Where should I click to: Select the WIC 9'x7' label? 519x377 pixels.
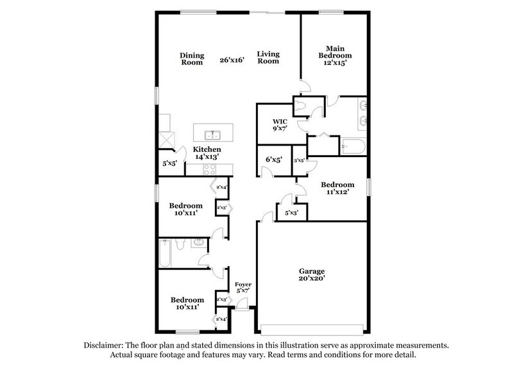(x=279, y=124)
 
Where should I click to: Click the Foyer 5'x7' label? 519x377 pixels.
(x=242, y=287)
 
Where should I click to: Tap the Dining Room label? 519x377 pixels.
(x=191, y=58)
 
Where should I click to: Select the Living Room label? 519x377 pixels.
(x=268, y=58)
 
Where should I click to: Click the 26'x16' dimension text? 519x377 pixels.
(x=232, y=60)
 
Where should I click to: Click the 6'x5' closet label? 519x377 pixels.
(x=274, y=160)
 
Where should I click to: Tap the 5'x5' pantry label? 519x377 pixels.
(x=169, y=163)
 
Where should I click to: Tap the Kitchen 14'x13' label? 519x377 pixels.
(x=208, y=153)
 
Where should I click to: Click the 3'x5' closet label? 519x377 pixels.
(x=300, y=160)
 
